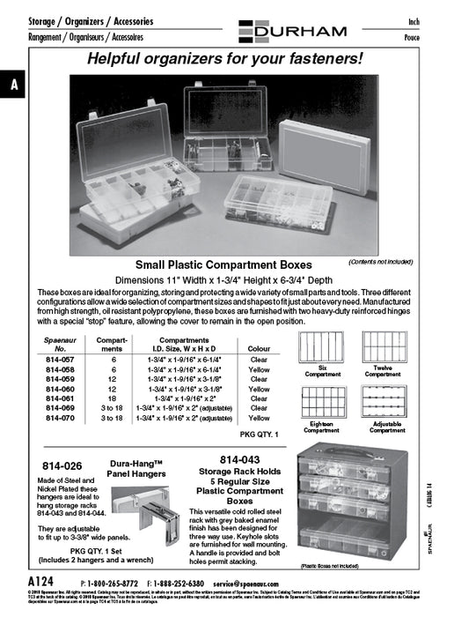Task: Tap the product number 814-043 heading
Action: coord(239,459)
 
